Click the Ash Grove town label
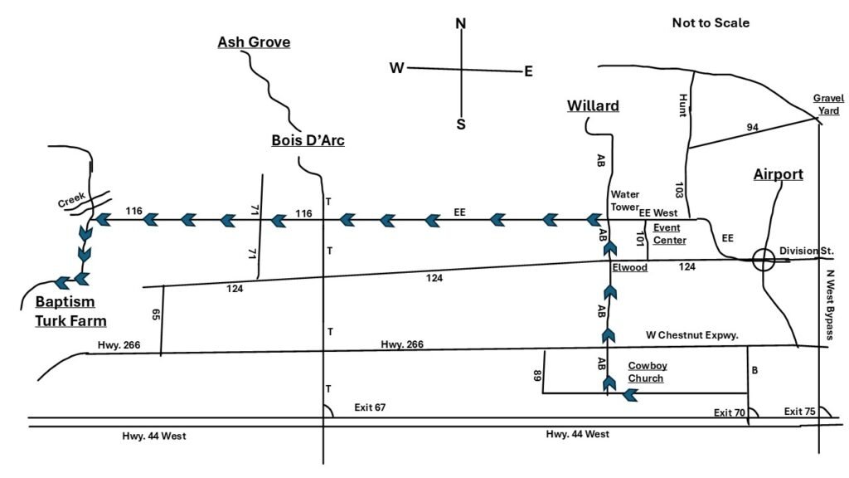[x=254, y=42]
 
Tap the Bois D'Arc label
[x=308, y=140]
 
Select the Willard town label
[x=593, y=105]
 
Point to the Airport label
[x=779, y=174]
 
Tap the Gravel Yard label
[x=828, y=105]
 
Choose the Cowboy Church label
[x=647, y=373]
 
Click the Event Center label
[x=669, y=234]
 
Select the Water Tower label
[x=625, y=201]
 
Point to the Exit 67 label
[x=370, y=407]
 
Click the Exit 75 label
[x=800, y=412]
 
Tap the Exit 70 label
[x=730, y=412]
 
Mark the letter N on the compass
[x=461, y=23]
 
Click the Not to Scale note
[x=711, y=22]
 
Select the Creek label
[x=72, y=199]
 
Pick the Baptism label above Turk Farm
[x=65, y=302]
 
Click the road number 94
[x=753, y=127]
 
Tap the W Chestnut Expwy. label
[x=692, y=335]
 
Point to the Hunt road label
[x=683, y=105]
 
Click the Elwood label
[x=630, y=267]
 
